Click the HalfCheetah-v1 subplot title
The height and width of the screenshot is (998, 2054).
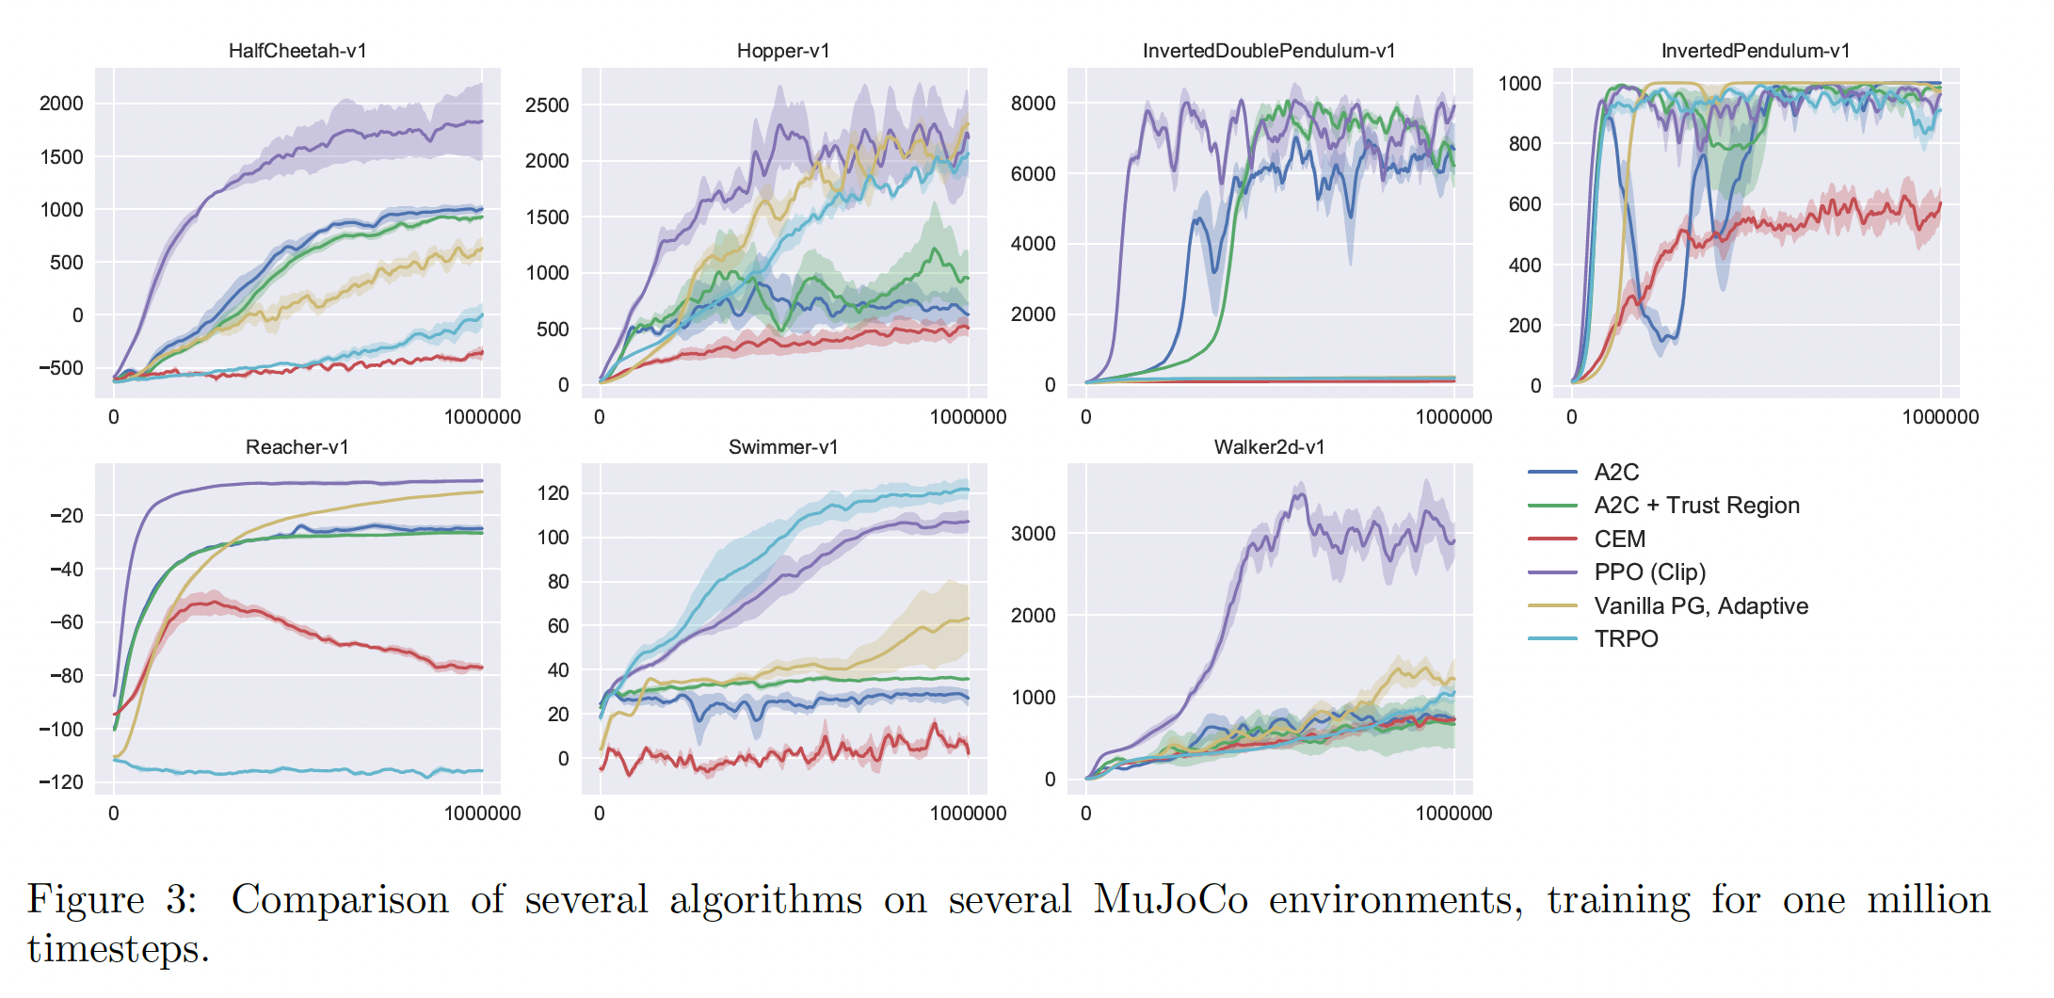click(x=297, y=51)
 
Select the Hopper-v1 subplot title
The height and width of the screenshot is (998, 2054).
click(x=783, y=51)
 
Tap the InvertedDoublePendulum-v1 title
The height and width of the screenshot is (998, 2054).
click(x=1269, y=51)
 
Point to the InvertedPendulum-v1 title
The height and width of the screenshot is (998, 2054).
click(x=1756, y=51)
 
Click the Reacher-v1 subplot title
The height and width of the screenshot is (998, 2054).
click(x=297, y=447)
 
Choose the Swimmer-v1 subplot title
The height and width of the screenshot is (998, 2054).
click(x=783, y=447)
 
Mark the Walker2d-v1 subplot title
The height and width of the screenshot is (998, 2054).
click(x=1269, y=447)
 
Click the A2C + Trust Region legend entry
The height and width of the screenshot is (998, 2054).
click(x=1696, y=506)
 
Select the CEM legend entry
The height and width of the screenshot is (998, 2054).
click(x=1619, y=539)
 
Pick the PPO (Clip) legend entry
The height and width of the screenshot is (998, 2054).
click(x=1649, y=572)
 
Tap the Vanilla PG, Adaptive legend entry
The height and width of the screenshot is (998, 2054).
click(x=1701, y=606)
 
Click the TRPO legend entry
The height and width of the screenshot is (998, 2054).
click(x=1626, y=639)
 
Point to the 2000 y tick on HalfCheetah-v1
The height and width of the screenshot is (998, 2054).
click(x=61, y=104)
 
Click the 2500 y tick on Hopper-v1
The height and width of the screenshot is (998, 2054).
click(x=547, y=105)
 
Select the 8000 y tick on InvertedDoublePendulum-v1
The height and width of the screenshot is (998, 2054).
click(x=1033, y=104)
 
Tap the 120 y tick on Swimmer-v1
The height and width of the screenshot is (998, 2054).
click(x=553, y=493)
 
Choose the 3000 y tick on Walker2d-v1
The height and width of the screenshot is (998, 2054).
click(x=1033, y=534)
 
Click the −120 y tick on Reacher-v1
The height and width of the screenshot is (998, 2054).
click(x=61, y=782)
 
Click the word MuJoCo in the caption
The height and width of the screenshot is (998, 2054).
click(x=1170, y=900)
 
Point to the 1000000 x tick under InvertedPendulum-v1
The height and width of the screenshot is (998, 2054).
click(x=1940, y=417)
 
